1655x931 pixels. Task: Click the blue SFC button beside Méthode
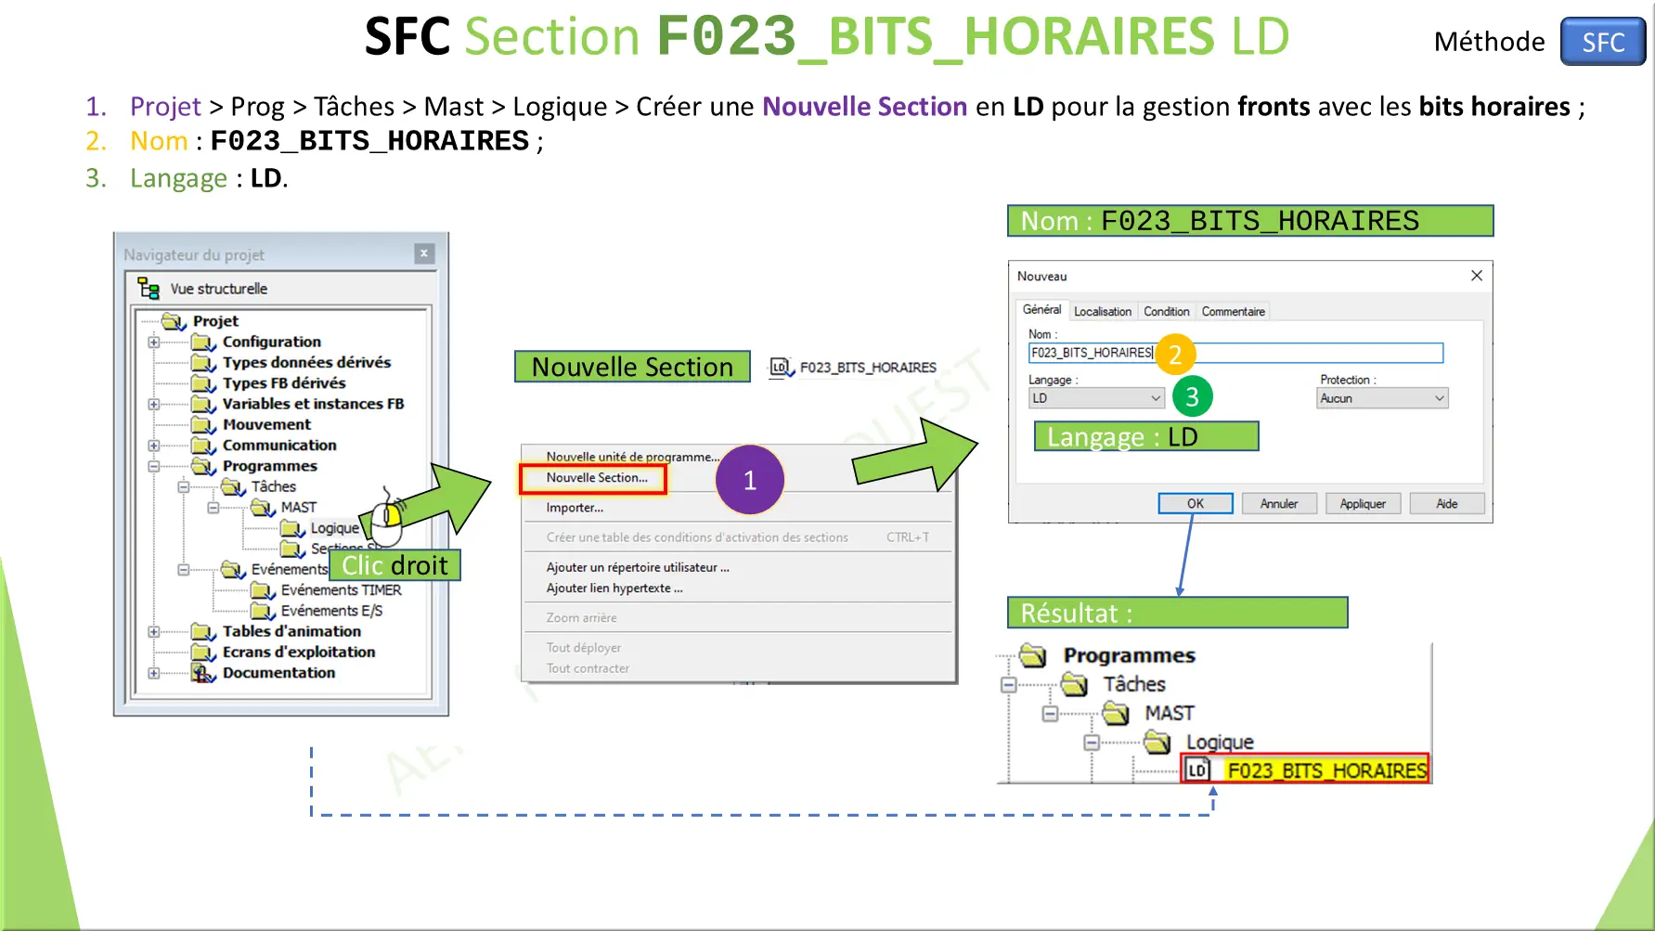tap(1602, 42)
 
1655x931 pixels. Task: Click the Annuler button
tap(1278, 504)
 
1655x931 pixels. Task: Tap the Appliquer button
tap(1362, 504)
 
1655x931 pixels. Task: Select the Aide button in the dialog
tap(1446, 504)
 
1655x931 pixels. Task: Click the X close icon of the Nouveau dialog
tap(1476, 276)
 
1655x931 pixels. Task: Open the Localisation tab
tap(1102, 312)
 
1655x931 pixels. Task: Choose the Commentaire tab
tap(1233, 312)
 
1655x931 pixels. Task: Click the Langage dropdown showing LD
tap(1095, 398)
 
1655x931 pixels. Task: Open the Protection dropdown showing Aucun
tap(1381, 398)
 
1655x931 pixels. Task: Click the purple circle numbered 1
tap(749, 480)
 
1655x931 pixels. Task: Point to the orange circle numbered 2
tap(1174, 354)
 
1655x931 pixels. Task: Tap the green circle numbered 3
tap(1192, 397)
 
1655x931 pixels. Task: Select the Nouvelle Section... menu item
tap(596, 478)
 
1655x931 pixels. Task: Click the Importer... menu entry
tap(575, 508)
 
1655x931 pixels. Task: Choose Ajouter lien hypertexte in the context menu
tap(614, 588)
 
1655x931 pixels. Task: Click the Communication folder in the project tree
tap(278, 446)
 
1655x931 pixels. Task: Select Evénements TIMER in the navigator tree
tap(341, 590)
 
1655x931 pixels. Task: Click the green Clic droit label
tap(394, 565)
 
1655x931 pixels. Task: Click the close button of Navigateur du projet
tap(424, 253)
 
